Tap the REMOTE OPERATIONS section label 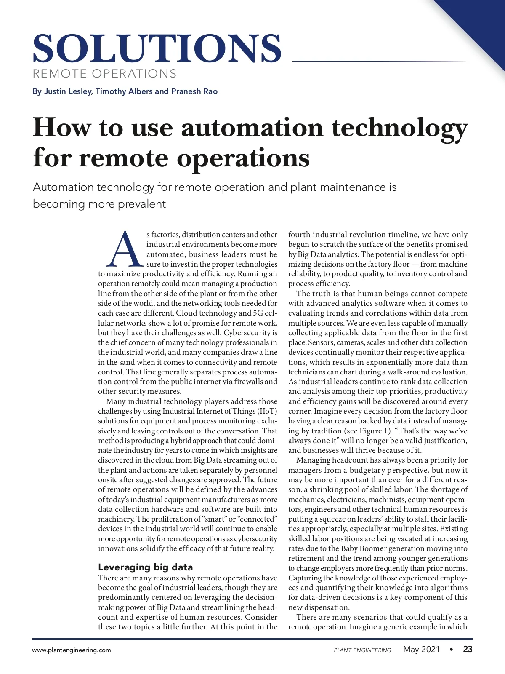click(x=104, y=74)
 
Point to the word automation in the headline click(x=252, y=128)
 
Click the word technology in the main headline click(x=400, y=128)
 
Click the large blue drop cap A click(x=125, y=249)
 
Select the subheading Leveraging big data click(x=145, y=567)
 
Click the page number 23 click(x=468, y=649)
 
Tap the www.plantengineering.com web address click(x=72, y=650)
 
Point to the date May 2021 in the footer click(x=421, y=649)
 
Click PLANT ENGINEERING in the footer click(x=362, y=650)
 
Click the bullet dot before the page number click(x=451, y=650)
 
